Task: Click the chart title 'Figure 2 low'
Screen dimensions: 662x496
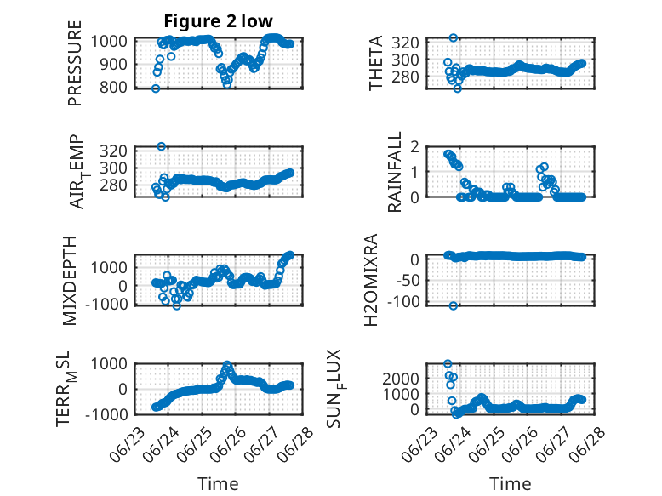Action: click(219, 21)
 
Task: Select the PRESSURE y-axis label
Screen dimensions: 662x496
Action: click(75, 63)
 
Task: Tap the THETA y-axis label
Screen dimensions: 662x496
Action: click(375, 63)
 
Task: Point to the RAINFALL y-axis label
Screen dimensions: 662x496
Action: click(394, 172)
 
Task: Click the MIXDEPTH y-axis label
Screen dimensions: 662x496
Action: click(70, 281)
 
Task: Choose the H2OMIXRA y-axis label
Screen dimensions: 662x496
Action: click(371, 280)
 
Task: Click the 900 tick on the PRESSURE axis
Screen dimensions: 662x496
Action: click(112, 65)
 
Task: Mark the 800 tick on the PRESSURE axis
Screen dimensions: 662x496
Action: click(112, 88)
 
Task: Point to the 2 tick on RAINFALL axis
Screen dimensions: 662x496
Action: click(415, 147)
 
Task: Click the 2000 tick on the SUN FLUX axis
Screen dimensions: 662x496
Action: click(401, 379)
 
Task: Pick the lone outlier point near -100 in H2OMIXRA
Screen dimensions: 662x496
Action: click(453, 305)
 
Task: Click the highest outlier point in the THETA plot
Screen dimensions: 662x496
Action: click(453, 37)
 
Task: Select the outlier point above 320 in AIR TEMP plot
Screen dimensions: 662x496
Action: click(162, 146)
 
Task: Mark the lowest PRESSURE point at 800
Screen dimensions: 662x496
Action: click(156, 88)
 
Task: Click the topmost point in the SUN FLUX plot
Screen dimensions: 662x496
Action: click(448, 363)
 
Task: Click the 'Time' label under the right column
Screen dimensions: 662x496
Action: click(510, 484)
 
